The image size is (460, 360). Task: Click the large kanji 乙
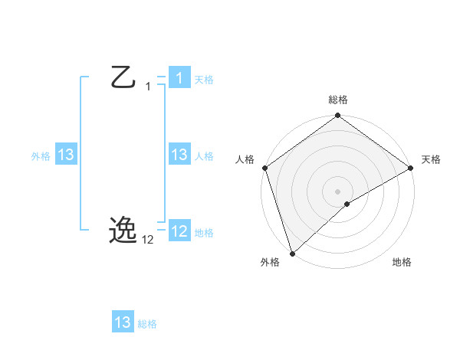click(123, 77)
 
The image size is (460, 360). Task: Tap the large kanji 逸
click(123, 229)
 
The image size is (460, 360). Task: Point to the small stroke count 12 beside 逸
click(148, 240)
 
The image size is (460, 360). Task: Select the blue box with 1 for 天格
click(179, 78)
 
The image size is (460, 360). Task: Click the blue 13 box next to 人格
click(179, 155)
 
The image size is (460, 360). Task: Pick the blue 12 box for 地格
click(179, 231)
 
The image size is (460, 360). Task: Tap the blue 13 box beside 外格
click(65, 155)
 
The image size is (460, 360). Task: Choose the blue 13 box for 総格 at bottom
click(123, 322)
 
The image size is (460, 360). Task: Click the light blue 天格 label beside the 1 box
click(204, 80)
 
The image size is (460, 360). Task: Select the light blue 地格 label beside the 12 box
click(204, 233)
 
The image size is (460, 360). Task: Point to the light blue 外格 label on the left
click(41, 156)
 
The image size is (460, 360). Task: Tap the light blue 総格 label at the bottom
click(147, 324)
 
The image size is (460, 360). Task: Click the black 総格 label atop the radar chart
click(338, 100)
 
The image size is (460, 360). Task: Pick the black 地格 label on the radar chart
click(402, 262)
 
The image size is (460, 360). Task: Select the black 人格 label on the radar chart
click(245, 159)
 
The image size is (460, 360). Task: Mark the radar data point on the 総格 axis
click(338, 116)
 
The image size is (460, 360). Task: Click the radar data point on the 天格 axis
click(411, 168)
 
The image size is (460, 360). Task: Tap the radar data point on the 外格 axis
click(292, 253)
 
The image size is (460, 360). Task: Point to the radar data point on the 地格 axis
click(347, 204)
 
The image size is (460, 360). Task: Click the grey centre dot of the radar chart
click(338, 191)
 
